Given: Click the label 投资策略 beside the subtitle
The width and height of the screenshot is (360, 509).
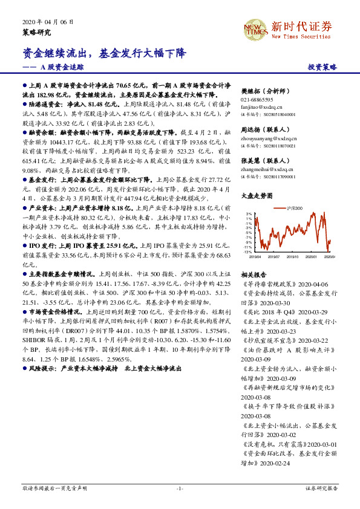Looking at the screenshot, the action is tap(322, 68).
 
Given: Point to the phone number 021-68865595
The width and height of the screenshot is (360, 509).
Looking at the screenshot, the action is tap(257, 100).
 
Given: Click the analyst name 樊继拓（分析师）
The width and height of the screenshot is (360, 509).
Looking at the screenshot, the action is tap(266, 89).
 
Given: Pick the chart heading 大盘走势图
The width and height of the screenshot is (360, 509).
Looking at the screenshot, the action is tap(255, 196).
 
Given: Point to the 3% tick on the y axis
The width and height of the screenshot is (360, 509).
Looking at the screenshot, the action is tap(249, 214).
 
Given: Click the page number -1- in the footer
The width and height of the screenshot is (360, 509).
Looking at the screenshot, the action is tap(180, 488).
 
